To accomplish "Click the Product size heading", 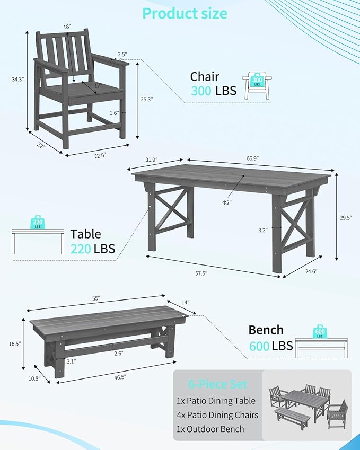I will click(x=185, y=13).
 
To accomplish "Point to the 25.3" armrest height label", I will click(x=146, y=99).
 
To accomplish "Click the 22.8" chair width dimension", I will click(x=99, y=155).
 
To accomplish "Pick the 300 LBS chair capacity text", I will click(x=214, y=91).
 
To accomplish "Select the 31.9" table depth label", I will click(x=154, y=159).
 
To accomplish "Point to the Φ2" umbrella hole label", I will click(x=226, y=202).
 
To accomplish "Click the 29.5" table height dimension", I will click(x=346, y=217).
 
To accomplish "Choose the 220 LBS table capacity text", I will click(x=93, y=249).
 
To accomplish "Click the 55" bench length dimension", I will click(x=96, y=298).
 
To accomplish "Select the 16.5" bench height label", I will click(x=14, y=344).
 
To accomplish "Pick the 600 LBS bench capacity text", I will click(x=271, y=346).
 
